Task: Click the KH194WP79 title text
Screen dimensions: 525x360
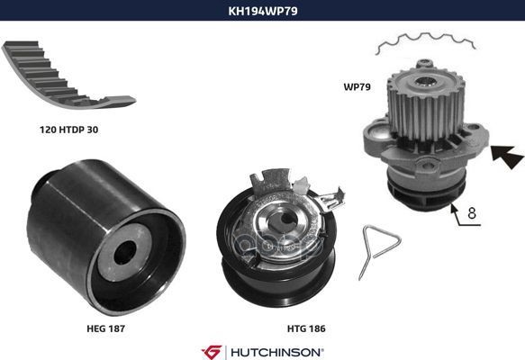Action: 263,11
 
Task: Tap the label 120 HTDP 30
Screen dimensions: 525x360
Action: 69,130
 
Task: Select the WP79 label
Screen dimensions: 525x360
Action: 357,86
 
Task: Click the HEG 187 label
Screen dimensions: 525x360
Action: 105,328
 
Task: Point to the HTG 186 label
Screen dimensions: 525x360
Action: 306,328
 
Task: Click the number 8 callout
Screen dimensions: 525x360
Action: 472,212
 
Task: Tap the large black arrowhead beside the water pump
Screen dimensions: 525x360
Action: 508,157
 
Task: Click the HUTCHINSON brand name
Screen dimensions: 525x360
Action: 276,352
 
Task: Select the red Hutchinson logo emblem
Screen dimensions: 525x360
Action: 212,352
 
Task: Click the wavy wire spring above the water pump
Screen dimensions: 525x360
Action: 425,43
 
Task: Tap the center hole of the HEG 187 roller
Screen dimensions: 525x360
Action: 125,253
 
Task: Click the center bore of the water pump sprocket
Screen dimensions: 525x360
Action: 425,82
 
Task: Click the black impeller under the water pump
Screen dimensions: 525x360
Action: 425,194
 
